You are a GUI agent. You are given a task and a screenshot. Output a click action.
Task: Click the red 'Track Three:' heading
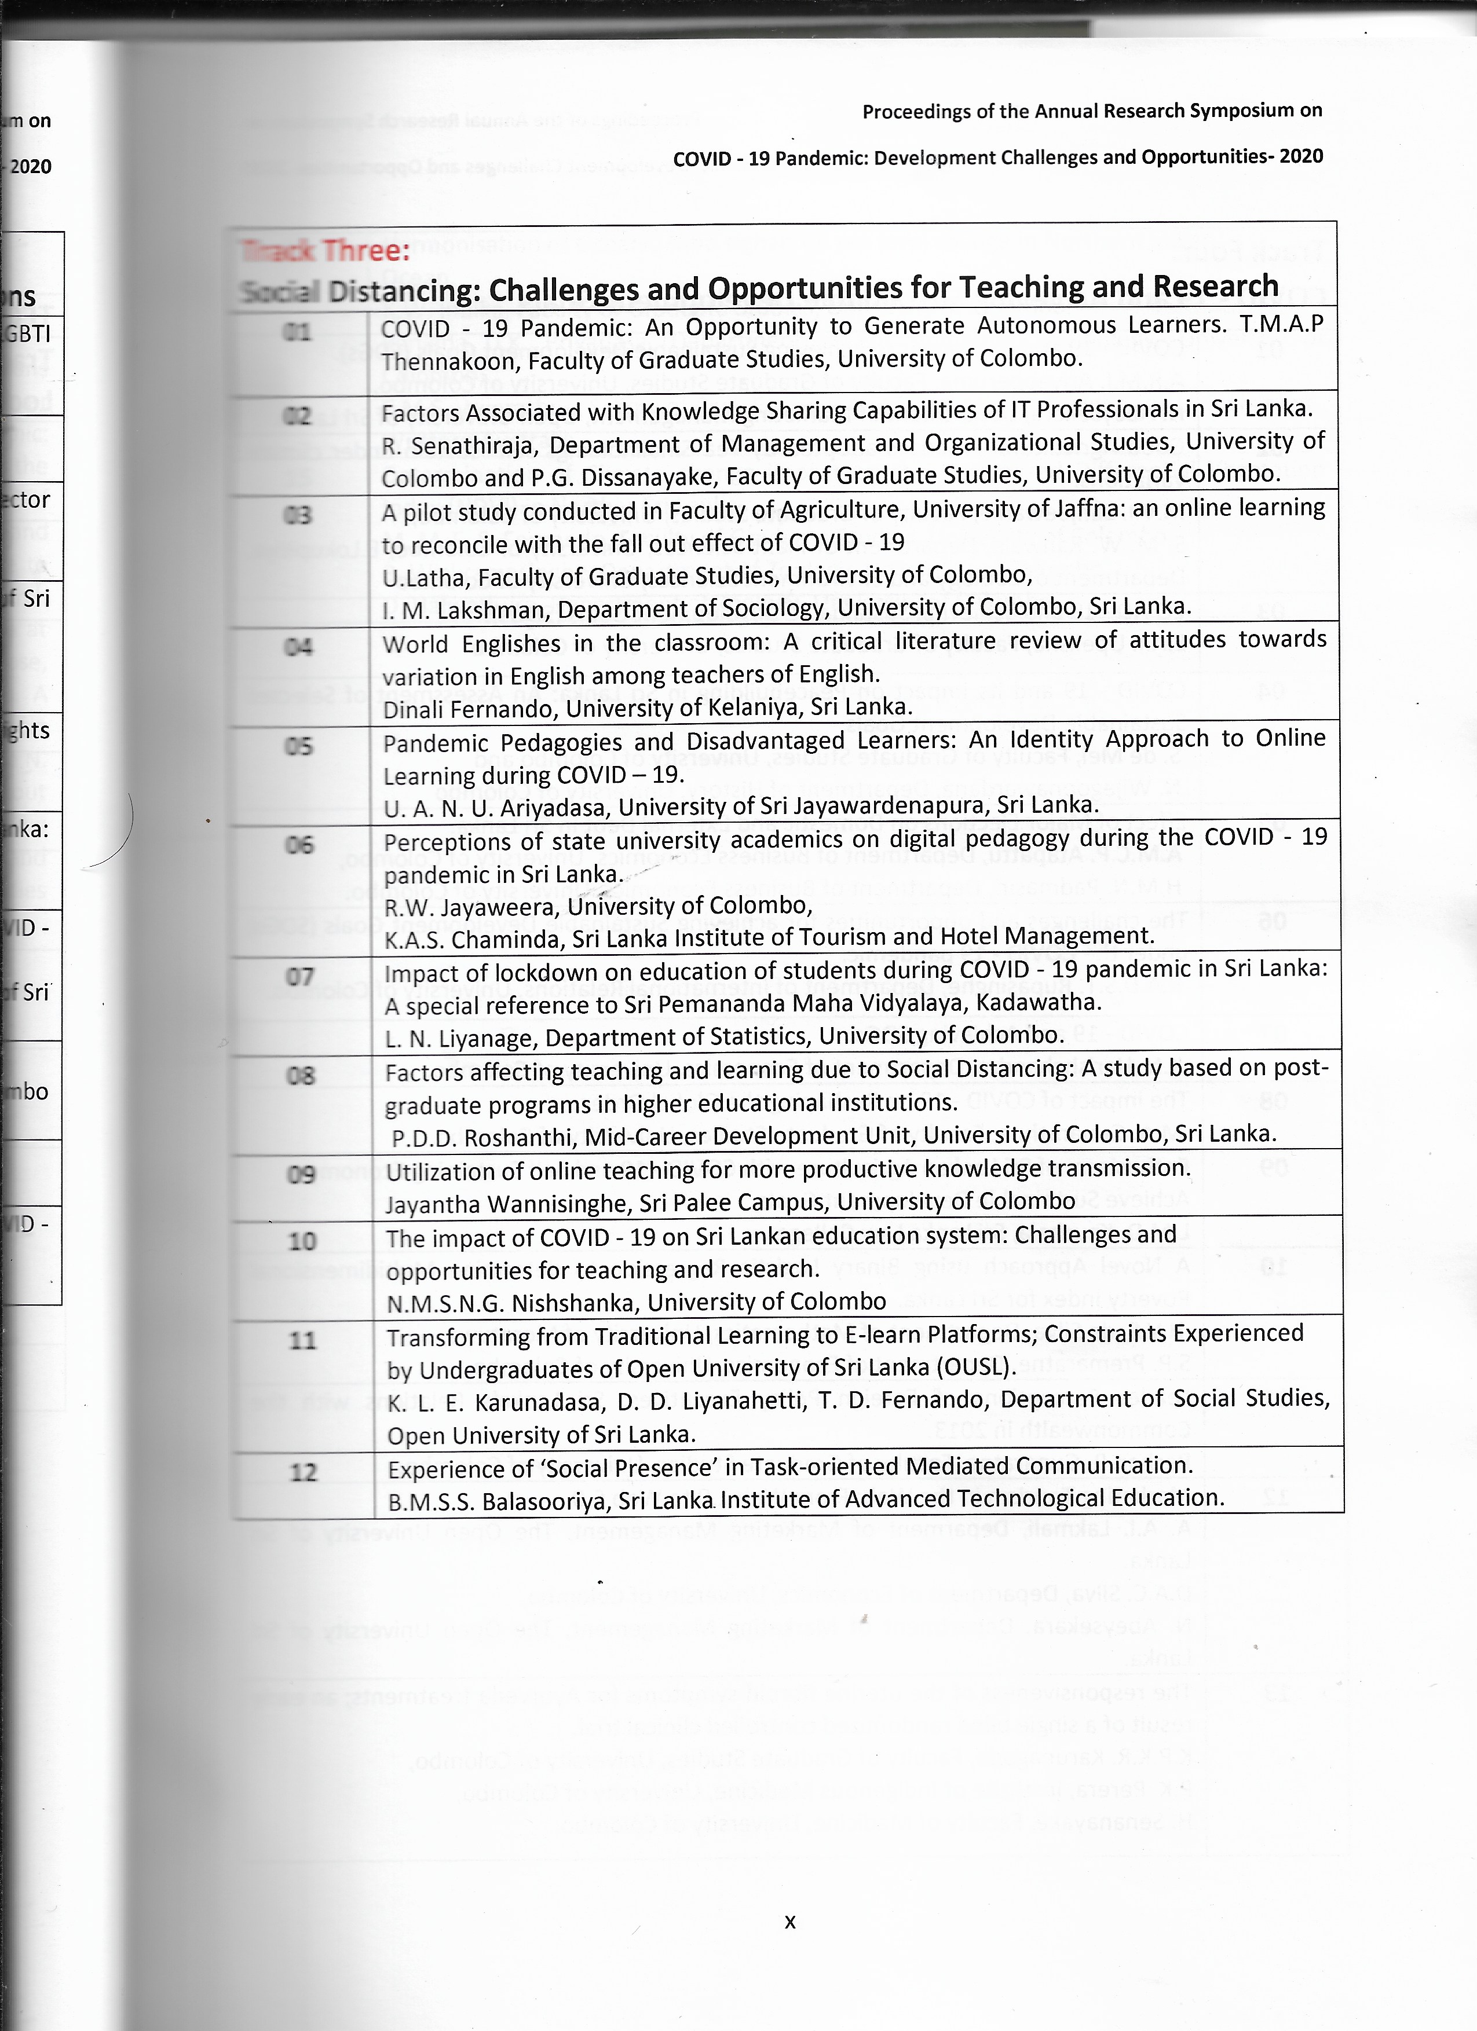pyautogui.click(x=325, y=251)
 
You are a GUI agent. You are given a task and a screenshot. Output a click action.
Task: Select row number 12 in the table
pyautogui.click(x=304, y=1472)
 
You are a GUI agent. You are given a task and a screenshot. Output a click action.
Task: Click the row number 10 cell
pyautogui.click(x=302, y=1241)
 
